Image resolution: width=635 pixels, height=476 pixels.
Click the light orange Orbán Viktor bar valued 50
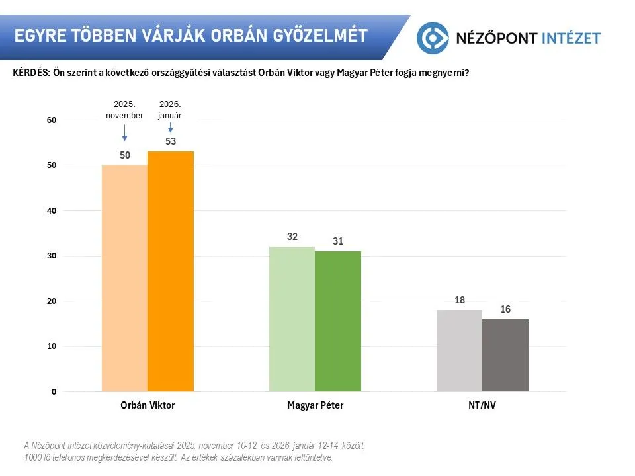[124, 278]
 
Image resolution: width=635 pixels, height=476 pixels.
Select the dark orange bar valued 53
[171, 271]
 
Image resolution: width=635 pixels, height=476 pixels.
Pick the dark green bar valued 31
[338, 321]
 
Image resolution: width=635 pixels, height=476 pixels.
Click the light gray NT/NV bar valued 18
[460, 350]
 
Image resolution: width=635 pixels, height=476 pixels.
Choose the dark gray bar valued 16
[505, 355]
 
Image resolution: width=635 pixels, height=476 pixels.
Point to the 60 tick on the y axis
[52, 120]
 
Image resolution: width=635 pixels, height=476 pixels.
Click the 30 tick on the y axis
[52, 256]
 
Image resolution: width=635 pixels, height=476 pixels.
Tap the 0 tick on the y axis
[54, 392]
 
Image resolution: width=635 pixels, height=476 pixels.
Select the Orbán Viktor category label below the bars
[148, 405]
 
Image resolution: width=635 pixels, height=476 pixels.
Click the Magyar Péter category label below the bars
[316, 405]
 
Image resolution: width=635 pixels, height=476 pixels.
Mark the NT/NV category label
[482, 405]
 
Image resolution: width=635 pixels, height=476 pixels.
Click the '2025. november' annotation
[124, 110]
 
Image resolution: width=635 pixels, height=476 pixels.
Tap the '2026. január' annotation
[171, 110]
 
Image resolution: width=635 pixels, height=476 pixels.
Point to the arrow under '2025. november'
[124, 134]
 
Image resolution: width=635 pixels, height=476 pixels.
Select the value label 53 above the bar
[171, 141]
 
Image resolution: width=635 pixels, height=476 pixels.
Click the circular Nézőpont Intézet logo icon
[433, 37]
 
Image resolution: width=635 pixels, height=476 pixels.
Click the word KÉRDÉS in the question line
[30, 73]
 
